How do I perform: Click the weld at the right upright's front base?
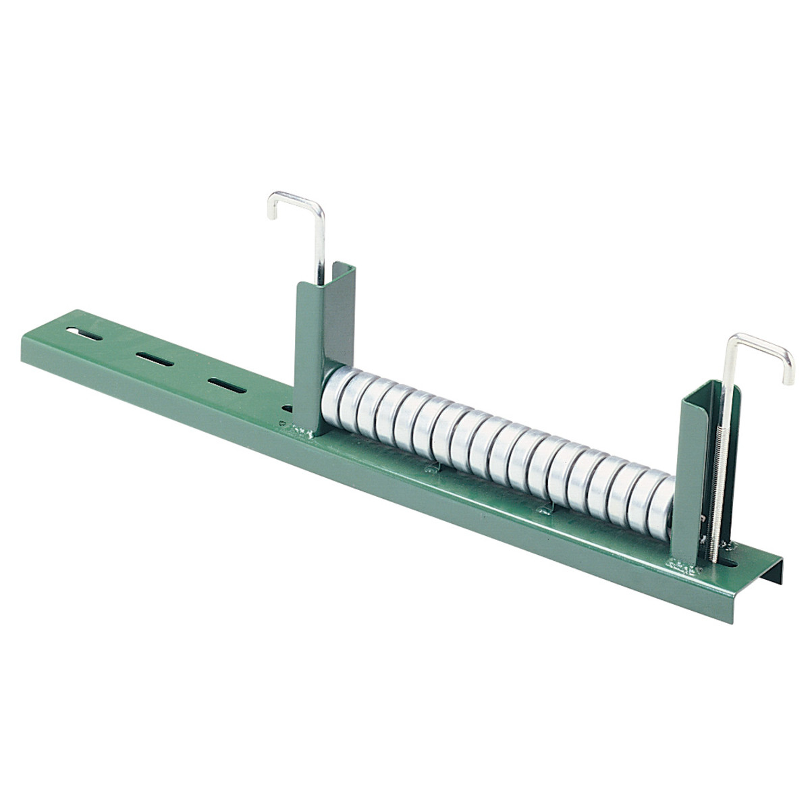click(x=682, y=564)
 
